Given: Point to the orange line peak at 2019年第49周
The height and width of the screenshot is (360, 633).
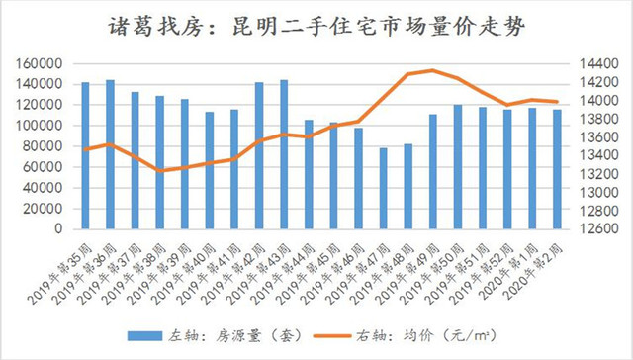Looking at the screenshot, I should (433, 70).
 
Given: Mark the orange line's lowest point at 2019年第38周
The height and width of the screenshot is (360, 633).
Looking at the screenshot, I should (160, 171).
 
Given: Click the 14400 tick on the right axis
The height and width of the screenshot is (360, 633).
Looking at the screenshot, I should (594, 63).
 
